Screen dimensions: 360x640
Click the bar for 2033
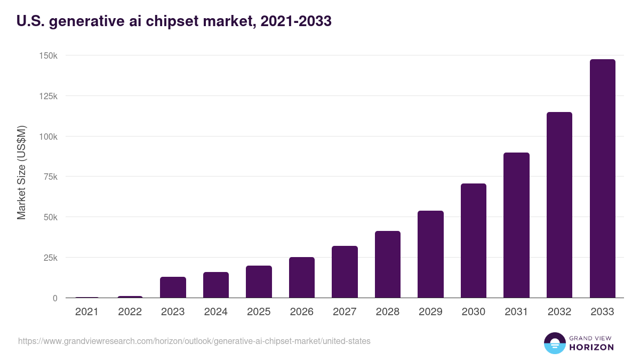pos(602,179)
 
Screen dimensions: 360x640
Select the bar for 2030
pos(474,241)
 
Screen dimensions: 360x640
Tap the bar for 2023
pos(173,287)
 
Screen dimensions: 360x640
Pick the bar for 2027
pos(345,271)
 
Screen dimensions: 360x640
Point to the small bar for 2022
pos(130,297)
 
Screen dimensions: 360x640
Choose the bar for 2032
pos(559,205)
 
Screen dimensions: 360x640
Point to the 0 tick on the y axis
pos(55,298)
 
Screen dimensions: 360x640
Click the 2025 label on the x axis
pos(259,312)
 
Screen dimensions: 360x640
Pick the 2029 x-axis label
pos(430,312)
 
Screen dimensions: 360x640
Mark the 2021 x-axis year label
pos(87,312)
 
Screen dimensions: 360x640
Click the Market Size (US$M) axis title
pos(21,173)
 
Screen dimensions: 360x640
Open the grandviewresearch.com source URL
pos(194,341)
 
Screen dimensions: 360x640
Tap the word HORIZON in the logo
pos(591,347)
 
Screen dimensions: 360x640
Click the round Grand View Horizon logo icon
pos(555,343)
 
